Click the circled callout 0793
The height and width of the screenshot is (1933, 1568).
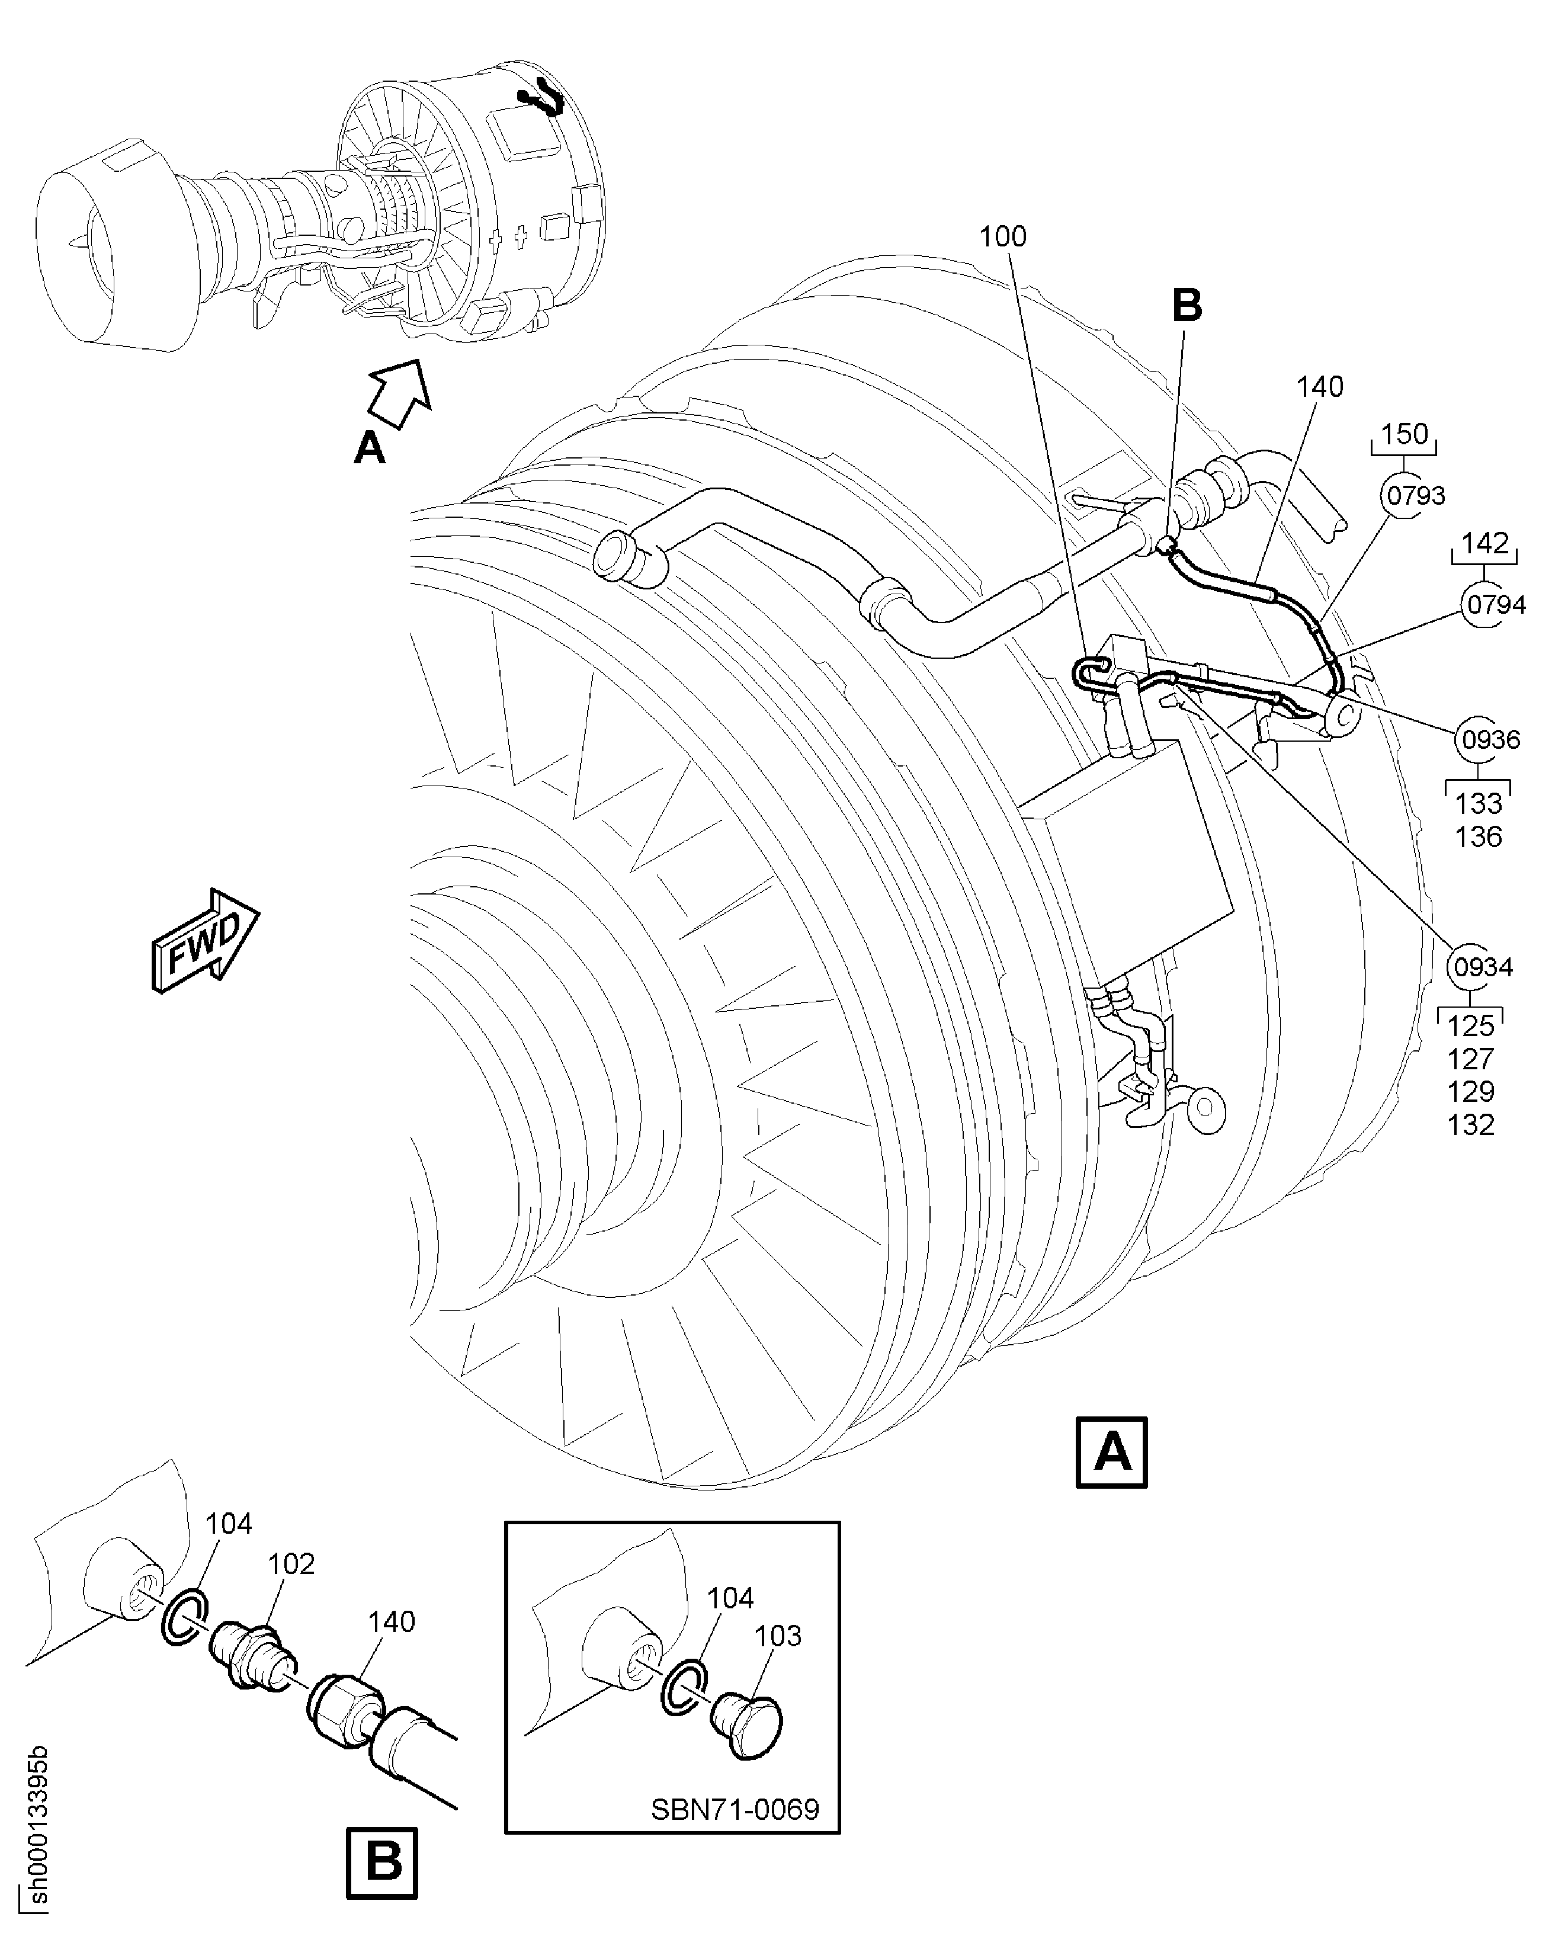coord(1415,495)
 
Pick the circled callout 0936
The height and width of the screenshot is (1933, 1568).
coord(1490,740)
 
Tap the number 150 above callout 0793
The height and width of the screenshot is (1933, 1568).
coord(1405,434)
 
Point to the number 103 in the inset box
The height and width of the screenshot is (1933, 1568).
coord(778,1636)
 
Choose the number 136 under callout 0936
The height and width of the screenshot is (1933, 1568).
coord(1478,836)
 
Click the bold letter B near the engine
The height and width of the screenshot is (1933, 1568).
coord(1187,306)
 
